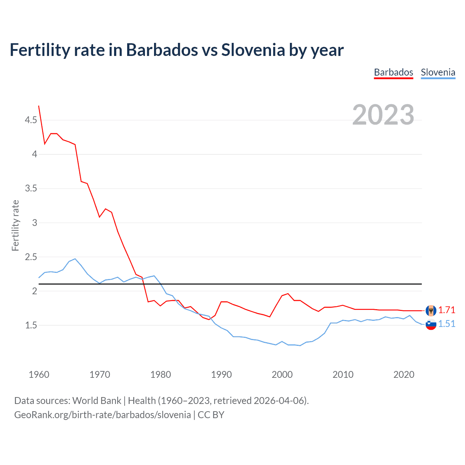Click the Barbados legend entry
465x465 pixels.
(393, 72)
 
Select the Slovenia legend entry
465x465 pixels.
(438, 72)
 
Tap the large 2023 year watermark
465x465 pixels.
(383, 115)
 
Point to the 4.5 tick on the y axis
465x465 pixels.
(31, 120)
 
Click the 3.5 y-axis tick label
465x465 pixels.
(31, 189)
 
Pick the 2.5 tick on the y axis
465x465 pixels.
(31, 257)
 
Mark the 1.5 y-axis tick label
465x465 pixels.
(31, 325)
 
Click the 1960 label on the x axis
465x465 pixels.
(39, 375)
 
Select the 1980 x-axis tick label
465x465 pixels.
(161, 375)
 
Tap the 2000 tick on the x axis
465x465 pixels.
(282, 375)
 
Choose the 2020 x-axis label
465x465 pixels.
(404, 375)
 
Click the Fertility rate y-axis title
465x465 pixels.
(15, 225)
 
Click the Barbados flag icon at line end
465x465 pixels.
(431, 311)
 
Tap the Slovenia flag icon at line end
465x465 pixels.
(431, 324)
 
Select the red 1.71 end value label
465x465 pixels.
(446, 310)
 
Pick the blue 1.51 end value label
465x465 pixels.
(446, 324)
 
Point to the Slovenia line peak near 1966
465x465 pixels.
(75, 259)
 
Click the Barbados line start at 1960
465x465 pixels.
(39, 106)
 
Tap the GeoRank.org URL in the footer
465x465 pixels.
(102, 415)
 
